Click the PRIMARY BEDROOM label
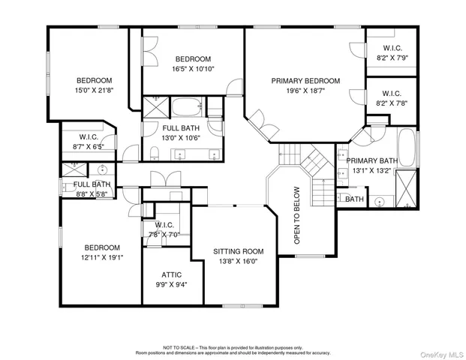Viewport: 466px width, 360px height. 305,81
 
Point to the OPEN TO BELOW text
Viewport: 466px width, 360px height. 296,216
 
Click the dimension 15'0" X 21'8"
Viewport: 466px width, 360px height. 94,91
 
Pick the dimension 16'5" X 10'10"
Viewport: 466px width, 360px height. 193,68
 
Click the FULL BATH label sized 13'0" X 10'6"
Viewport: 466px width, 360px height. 181,128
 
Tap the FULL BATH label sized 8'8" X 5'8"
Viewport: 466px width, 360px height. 92,184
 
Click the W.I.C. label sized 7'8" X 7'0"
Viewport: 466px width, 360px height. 164,224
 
